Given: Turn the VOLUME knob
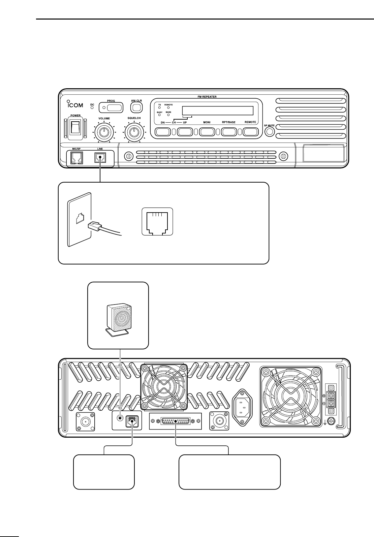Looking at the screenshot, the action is (104, 132).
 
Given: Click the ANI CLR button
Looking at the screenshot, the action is (136, 107).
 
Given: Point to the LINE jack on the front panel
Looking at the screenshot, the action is (100, 157).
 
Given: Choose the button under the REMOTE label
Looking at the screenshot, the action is (250, 132).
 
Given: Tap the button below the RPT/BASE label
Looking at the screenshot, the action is (228, 132).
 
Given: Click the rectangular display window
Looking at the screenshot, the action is (217, 110).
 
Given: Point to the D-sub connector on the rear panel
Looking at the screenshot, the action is (176, 421).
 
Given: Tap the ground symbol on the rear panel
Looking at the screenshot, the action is (324, 421).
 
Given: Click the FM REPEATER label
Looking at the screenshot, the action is (207, 97).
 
